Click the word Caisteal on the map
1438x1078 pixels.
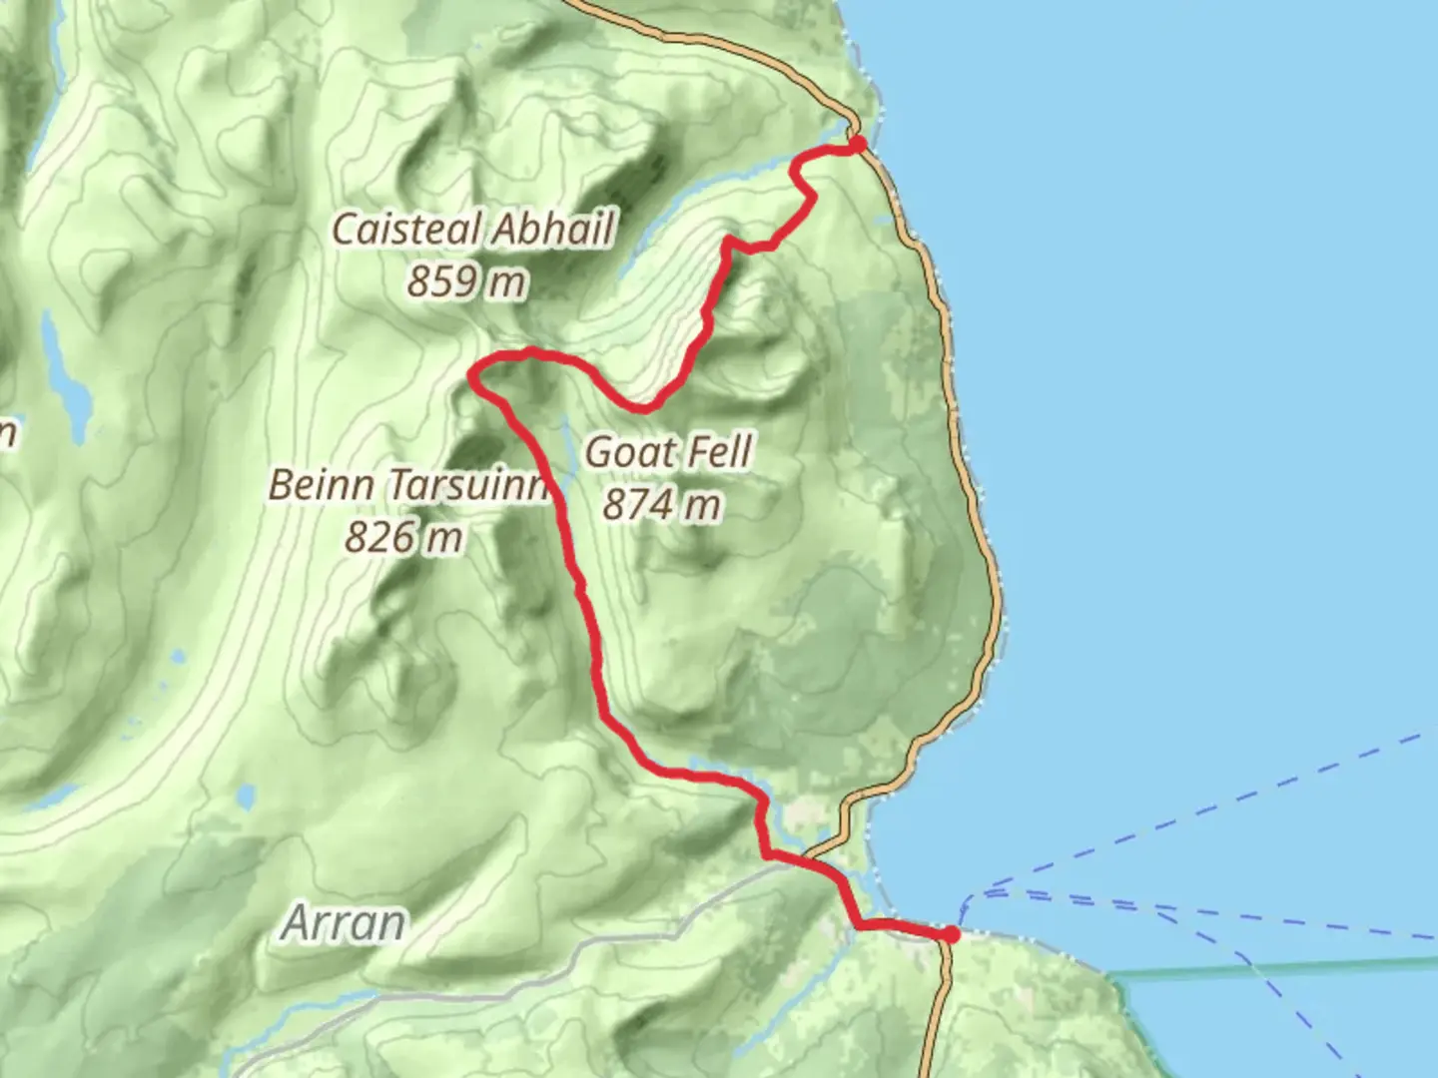(x=396, y=230)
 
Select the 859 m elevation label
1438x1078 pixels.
(x=465, y=281)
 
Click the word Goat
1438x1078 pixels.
(x=623, y=452)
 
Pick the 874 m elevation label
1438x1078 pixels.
(x=661, y=504)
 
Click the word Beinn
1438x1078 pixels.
(x=321, y=485)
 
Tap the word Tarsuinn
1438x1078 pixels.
(x=468, y=485)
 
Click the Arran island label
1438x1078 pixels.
(x=344, y=922)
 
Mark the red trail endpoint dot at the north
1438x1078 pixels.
(x=857, y=146)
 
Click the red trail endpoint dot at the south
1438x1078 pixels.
(x=951, y=934)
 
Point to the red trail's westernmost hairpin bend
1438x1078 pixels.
(x=473, y=376)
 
